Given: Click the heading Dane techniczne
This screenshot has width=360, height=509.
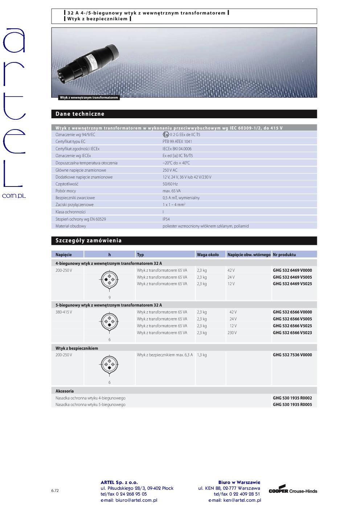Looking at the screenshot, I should coord(80,114).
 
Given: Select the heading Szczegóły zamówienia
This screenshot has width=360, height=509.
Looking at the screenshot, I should coord(89,241).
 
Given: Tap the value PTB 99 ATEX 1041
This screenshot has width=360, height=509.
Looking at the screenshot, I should coord(177,141).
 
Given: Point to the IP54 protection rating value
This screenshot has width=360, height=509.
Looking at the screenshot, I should coord(166,219).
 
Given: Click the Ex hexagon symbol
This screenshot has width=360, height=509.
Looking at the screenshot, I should coord(166,135).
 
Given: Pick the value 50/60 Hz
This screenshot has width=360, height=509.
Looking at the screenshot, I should coord(170,184).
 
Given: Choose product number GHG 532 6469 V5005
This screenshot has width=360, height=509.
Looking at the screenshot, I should coord(292,277).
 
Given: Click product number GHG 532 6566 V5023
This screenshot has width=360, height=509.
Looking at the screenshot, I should coord(292,333).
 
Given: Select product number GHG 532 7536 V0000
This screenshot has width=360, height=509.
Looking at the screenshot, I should coord(292,355).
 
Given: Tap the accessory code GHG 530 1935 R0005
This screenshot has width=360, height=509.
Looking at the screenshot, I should coord(292,405).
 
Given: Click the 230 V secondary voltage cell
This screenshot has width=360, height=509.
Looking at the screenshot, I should coord(233,333).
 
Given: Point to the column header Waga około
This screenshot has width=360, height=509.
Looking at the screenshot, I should coord(208,255).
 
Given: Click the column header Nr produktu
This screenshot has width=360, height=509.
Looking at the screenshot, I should coord(284,255).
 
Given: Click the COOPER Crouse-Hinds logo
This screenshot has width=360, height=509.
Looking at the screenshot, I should coord(292,490).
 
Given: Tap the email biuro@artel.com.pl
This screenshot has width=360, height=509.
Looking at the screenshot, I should coord(129,500).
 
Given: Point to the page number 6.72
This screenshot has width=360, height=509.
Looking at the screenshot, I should coord(55,490).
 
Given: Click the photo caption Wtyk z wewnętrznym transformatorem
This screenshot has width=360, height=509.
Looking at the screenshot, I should coord(89,98).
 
